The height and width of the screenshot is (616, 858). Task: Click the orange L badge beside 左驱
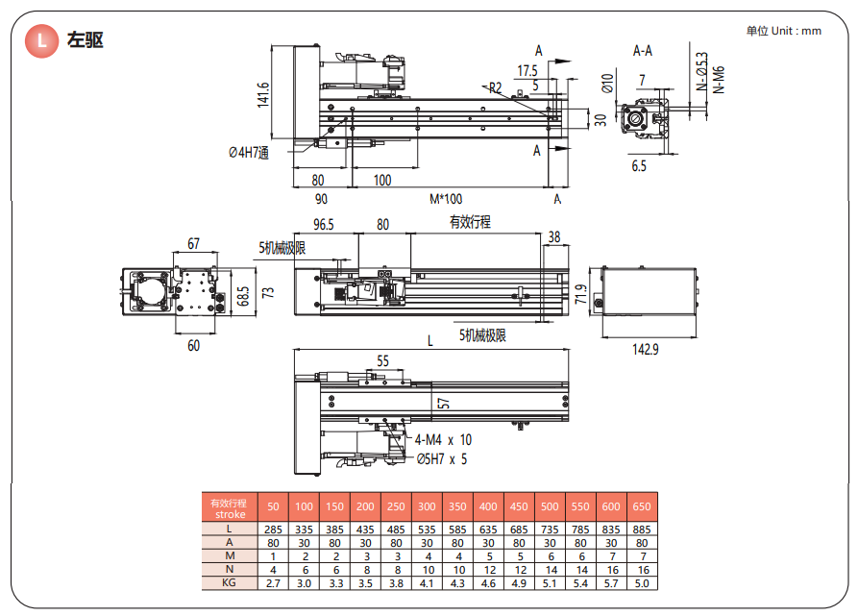(40, 40)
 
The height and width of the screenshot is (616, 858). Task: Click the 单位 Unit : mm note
(783, 31)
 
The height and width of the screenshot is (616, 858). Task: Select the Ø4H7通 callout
(248, 152)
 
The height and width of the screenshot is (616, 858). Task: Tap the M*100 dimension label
(445, 199)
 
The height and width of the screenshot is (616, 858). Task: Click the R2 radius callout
(496, 87)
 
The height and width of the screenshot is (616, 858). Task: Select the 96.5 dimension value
(324, 225)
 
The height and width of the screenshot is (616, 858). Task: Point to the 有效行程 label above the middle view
(470, 222)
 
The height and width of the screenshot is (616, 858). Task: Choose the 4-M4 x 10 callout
(443, 439)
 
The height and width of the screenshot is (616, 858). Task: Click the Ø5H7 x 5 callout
(441, 458)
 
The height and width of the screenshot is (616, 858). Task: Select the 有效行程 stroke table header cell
(229, 507)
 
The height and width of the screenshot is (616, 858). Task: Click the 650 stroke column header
(641, 506)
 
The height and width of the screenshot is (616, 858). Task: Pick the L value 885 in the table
(641, 529)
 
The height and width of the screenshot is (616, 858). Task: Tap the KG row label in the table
(229, 582)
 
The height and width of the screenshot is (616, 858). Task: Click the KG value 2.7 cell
(273, 582)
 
